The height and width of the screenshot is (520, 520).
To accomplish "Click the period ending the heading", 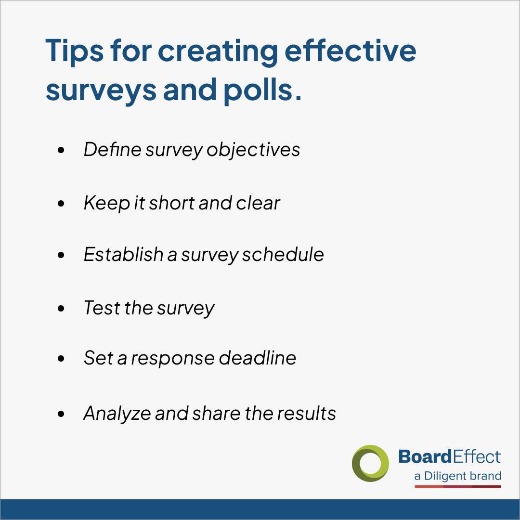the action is (x=298, y=97).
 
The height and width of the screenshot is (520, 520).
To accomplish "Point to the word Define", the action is (x=113, y=149).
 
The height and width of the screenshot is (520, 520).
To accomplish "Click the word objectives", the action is (x=253, y=150).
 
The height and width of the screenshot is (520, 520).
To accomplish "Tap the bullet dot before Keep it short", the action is (x=61, y=203).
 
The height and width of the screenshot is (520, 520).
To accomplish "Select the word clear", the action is (x=258, y=203).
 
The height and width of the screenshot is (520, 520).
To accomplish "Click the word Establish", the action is (x=123, y=254).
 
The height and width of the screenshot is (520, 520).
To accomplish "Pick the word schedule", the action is (x=283, y=254).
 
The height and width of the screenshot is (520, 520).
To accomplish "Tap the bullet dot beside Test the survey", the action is (x=61, y=308).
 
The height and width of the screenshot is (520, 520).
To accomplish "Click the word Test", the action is (x=102, y=308).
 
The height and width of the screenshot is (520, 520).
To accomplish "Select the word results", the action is (x=306, y=413).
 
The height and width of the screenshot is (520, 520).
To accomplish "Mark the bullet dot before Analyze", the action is (x=61, y=414).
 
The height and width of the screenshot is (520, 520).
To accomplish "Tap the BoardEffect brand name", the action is (x=449, y=456).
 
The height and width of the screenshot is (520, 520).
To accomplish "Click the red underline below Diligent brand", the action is (x=457, y=486).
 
